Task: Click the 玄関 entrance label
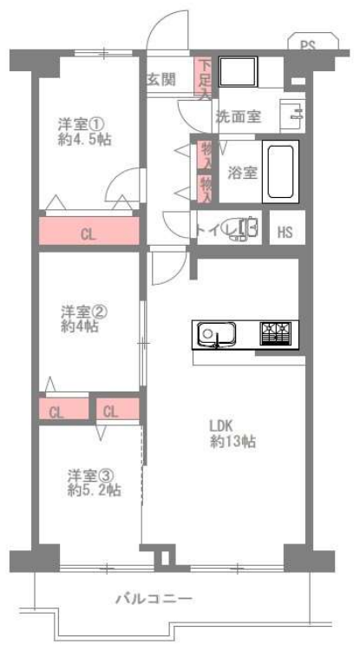(161, 79)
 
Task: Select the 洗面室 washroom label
(239, 116)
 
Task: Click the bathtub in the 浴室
(281, 173)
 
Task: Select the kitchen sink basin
(212, 333)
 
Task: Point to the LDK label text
(221, 425)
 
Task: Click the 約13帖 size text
(230, 442)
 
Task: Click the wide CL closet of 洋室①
(88, 234)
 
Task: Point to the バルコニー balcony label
(154, 598)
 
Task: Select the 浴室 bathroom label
(242, 172)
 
